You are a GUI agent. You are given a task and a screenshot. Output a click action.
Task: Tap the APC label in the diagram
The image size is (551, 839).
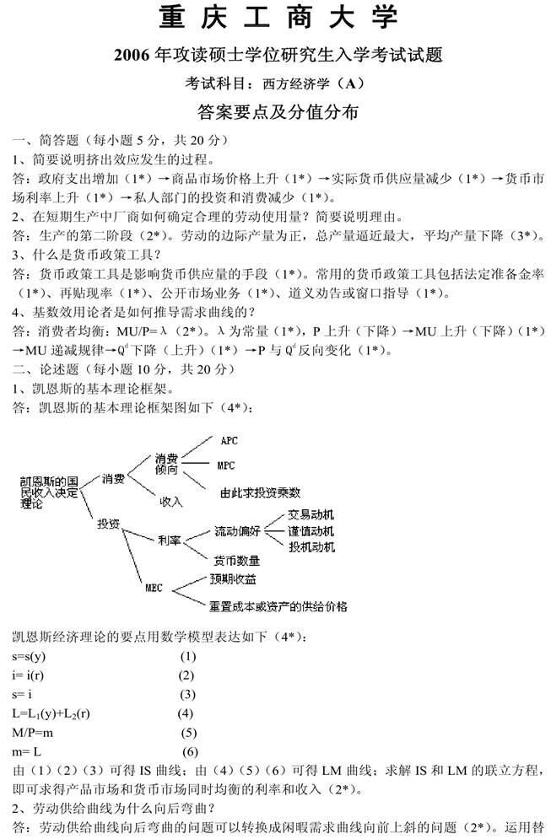click(x=229, y=441)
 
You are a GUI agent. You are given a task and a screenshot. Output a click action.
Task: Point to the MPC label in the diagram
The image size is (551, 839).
click(x=226, y=465)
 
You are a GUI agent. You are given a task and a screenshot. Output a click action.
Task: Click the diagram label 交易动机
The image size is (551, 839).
click(x=311, y=514)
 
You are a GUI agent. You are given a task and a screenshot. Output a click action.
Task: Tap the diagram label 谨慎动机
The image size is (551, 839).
click(x=311, y=531)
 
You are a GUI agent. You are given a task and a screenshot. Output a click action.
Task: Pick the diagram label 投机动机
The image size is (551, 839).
click(x=311, y=547)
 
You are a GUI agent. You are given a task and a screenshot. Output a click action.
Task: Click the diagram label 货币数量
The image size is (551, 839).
click(x=236, y=560)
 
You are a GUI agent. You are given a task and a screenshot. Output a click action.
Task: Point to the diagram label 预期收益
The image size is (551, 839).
click(x=234, y=579)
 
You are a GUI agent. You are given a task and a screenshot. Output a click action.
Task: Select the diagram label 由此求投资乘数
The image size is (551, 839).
click(x=261, y=492)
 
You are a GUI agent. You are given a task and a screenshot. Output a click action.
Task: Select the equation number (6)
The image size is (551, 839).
click(x=190, y=751)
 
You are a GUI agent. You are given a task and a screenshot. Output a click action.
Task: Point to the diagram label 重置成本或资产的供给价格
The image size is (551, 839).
click(x=278, y=605)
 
